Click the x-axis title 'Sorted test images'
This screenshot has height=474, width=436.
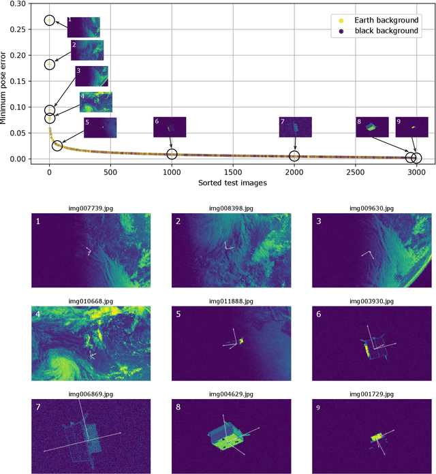pyautogui.click(x=233, y=184)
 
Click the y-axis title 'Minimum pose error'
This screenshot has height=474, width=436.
pyautogui.click(x=6, y=82)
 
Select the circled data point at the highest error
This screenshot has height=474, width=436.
pyautogui.click(x=50, y=20)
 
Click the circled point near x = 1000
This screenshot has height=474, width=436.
pyautogui.click(x=172, y=155)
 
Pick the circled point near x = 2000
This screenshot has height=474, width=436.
pyautogui.click(x=294, y=156)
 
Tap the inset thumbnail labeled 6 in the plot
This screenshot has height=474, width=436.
pyautogui.click(x=169, y=127)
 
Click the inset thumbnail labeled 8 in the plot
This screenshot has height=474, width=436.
pyautogui.click(x=371, y=127)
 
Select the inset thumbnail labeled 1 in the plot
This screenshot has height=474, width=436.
pyautogui.click(x=83, y=27)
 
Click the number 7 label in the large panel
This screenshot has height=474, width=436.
pyautogui.click(x=38, y=407)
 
